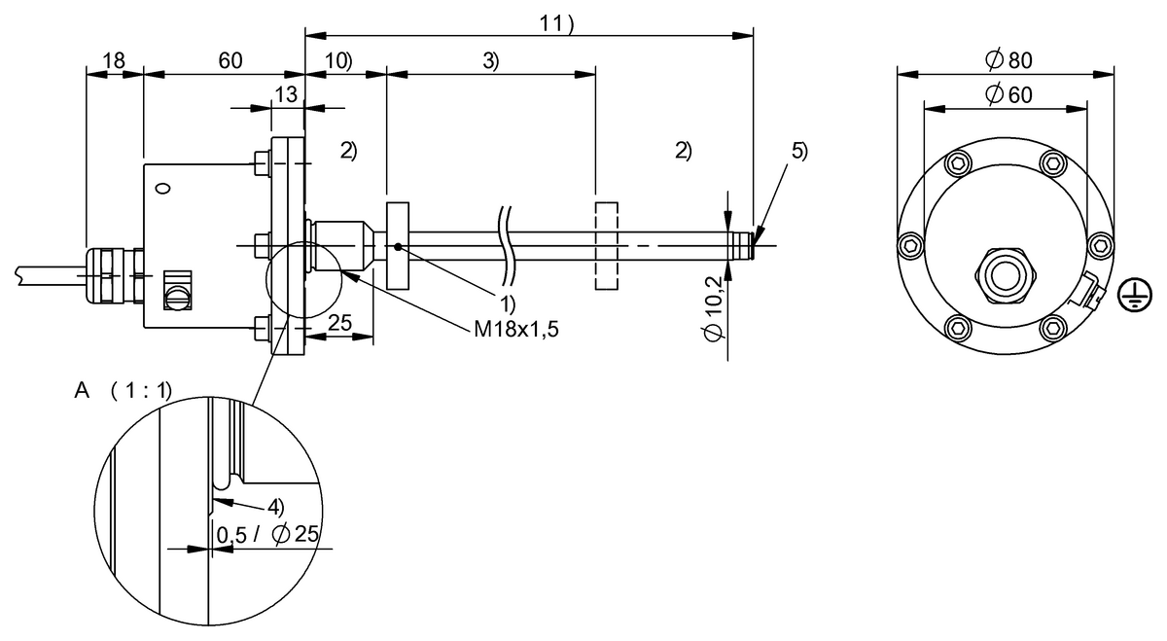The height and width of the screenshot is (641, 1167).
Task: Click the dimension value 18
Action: pos(114,60)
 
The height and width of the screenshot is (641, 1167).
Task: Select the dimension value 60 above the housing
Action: pos(230,60)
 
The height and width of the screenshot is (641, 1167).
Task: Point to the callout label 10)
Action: pos(337,60)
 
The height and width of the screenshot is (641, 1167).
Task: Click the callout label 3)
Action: pos(490,60)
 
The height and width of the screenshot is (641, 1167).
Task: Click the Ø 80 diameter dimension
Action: pos(1008,60)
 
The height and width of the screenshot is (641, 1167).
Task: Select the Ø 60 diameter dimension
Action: pos(1008,94)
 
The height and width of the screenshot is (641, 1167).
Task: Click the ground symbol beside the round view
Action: pos(1129,295)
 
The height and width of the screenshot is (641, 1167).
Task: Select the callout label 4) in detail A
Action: pos(276,507)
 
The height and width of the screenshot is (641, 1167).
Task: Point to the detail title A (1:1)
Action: pos(123,391)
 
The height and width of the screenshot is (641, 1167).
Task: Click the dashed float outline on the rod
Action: pos(606,246)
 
